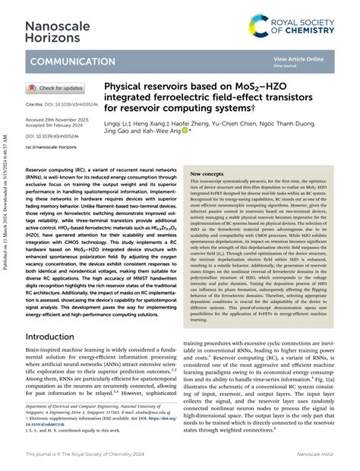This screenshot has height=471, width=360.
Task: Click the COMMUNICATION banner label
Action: click(x=73, y=61)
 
